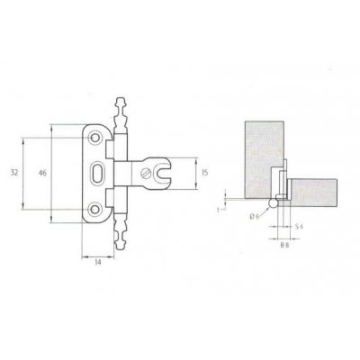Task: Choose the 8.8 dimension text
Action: tap(284, 243)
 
